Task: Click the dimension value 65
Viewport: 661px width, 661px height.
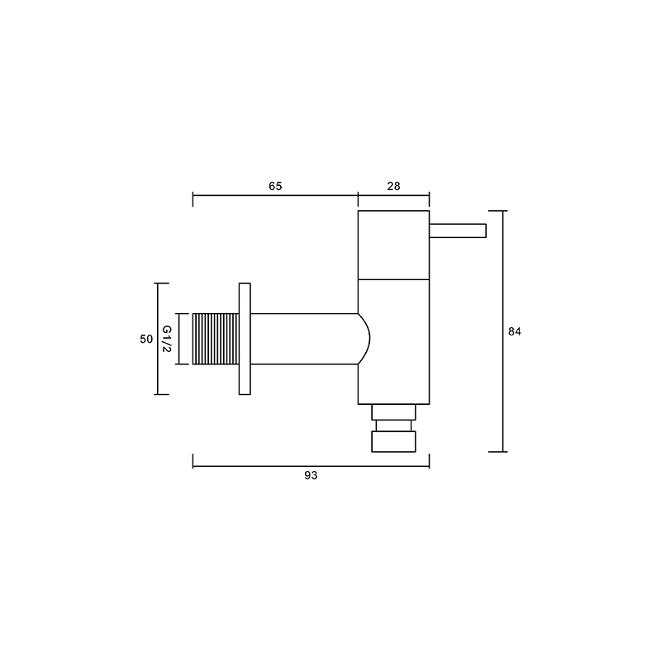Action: pos(275,186)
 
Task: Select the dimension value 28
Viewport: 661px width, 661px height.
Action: pos(393,186)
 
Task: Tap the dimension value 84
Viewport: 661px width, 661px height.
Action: pos(514,332)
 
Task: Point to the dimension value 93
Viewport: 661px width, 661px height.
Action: pos(311,476)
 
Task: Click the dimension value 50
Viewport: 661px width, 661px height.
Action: pos(146,339)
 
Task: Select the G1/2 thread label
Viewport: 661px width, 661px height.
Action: pos(167,339)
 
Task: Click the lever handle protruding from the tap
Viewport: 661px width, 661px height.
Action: pos(458,231)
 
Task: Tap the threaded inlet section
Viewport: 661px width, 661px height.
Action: pos(216,339)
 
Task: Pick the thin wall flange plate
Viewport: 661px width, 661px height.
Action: pos(245,339)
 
